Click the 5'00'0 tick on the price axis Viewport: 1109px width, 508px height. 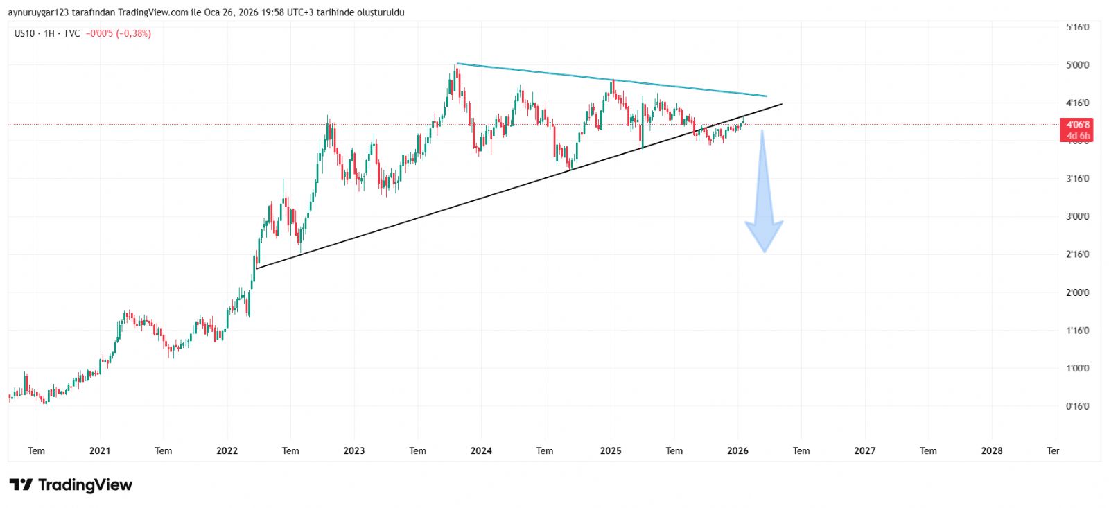click(x=1077, y=65)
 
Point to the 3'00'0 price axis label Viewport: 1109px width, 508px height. click(x=1077, y=216)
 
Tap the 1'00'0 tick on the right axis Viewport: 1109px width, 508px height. click(x=1077, y=368)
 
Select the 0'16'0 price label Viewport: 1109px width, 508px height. click(x=1077, y=406)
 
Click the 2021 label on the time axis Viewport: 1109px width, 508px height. click(x=100, y=450)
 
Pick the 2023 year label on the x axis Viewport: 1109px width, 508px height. click(x=353, y=450)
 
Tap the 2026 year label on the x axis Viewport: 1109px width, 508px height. click(x=737, y=450)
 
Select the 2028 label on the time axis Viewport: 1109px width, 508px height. click(x=992, y=450)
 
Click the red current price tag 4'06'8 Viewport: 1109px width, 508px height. click(x=1077, y=125)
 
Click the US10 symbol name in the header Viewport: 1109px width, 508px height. click(x=24, y=33)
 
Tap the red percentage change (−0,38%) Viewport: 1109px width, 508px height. click(x=133, y=33)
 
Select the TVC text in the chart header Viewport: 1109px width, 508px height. click(x=71, y=33)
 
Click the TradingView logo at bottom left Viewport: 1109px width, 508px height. click(x=71, y=484)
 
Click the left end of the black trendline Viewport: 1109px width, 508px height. click(x=256, y=268)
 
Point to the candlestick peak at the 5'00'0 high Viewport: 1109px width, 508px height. click(x=457, y=66)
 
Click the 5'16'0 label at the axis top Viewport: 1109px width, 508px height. click(x=1077, y=27)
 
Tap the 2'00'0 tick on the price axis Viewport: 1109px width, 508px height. click(x=1077, y=292)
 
